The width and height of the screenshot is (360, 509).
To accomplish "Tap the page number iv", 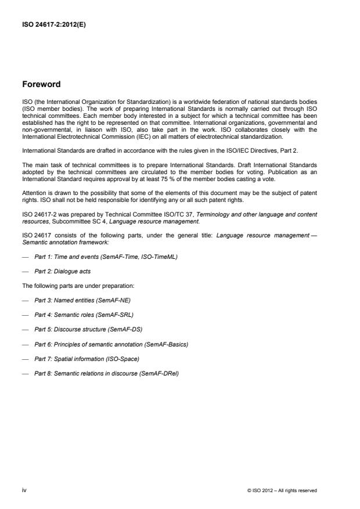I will coord(24,490).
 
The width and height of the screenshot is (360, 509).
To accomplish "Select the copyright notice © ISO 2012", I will coord(282,490).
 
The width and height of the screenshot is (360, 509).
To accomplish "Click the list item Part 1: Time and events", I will coord(93,256).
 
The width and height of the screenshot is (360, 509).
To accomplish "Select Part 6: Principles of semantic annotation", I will coord(111,344).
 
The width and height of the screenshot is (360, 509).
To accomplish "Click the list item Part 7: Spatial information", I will coord(85,359).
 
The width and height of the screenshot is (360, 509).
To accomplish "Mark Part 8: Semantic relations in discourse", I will coord(106,373).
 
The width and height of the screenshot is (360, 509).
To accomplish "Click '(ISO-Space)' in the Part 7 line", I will coord(122,359).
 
